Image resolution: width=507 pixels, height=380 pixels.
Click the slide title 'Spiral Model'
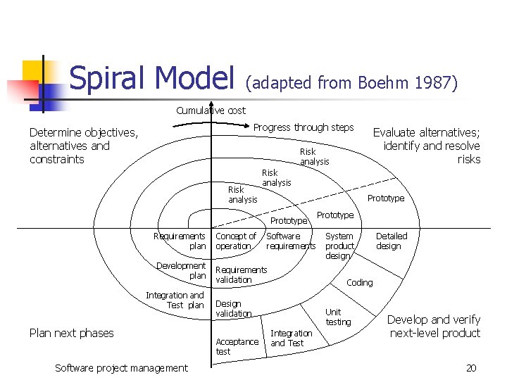151,78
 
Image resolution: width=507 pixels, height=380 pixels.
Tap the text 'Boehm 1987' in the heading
408,83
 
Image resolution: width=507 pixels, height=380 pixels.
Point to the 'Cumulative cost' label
211,110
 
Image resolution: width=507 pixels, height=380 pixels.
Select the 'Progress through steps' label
303,127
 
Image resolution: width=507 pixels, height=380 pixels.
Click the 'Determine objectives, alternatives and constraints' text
84,146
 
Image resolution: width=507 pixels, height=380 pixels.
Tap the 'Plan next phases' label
72,333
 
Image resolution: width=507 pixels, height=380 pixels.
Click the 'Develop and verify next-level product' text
434,326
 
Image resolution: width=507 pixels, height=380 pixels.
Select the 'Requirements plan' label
180,241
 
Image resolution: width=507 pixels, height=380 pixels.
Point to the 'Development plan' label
182,271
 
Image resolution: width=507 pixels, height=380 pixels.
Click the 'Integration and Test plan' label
175,300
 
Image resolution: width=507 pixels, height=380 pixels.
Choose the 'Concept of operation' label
235,241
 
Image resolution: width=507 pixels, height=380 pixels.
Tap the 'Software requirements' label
291,241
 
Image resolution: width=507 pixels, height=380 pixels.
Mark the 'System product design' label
339,246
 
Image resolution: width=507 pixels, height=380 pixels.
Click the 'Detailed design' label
391,241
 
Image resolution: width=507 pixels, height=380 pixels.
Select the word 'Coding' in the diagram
360,283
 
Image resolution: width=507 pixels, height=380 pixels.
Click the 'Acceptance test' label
237,346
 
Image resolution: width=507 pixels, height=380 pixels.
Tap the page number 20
471,368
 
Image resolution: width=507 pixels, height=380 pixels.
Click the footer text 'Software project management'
121,368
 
